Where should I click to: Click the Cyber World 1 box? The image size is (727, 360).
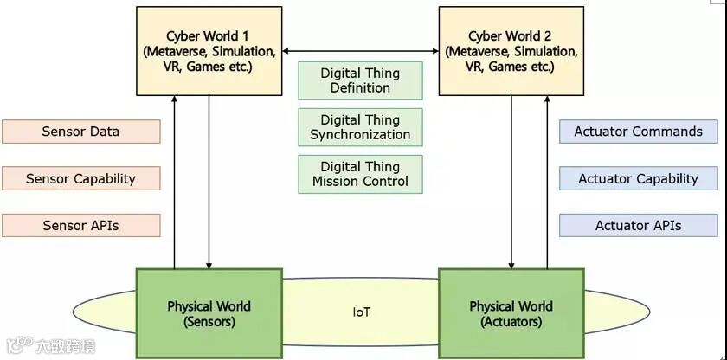pyautogui.click(x=209, y=50)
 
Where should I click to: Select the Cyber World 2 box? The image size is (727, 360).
pyautogui.click(x=511, y=50)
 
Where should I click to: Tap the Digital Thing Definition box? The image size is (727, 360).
pyautogui.click(x=360, y=80)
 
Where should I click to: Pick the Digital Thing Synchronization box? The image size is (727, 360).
pyautogui.click(x=360, y=127)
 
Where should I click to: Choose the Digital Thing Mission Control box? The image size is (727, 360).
pyautogui.click(x=360, y=174)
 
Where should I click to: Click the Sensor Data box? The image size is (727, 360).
pyautogui.click(x=80, y=132)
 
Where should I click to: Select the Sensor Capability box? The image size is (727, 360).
pyautogui.click(x=80, y=179)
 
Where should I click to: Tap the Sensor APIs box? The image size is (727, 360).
pyautogui.click(x=80, y=226)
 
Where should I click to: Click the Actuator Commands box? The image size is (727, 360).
pyautogui.click(x=639, y=132)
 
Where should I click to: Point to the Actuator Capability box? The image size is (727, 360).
pyautogui.click(x=639, y=179)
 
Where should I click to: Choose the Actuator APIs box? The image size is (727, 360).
pyautogui.click(x=639, y=226)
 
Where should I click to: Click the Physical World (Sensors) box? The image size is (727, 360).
pyautogui.click(x=209, y=313)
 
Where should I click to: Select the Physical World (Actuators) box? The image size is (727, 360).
pyautogui.click(x=511, y=313)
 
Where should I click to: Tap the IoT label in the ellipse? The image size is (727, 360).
pyautogui.click(x=361, y=312)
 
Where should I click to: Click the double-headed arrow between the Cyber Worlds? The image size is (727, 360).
pyautogui.click(x=360, y=51)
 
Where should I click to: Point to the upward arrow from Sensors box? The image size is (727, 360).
pyautogui.click(x=175, y=182)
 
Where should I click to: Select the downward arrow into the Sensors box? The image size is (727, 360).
pyautogui.click(x=209, y=182)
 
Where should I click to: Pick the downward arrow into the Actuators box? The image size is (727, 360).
pyautogui.click(x=512, y=182)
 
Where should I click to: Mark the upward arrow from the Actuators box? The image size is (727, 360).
pyautogui.click(x=546, y=182)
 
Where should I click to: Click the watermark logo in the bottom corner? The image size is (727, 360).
pyautogui.click(x=16, y=347)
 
